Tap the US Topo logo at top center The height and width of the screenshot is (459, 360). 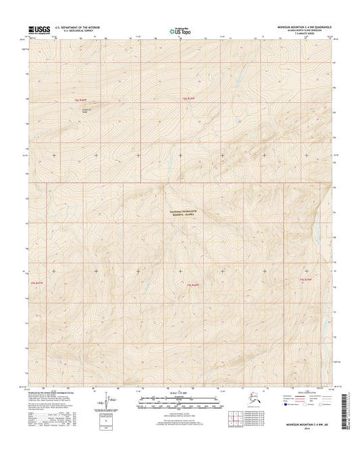178,30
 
